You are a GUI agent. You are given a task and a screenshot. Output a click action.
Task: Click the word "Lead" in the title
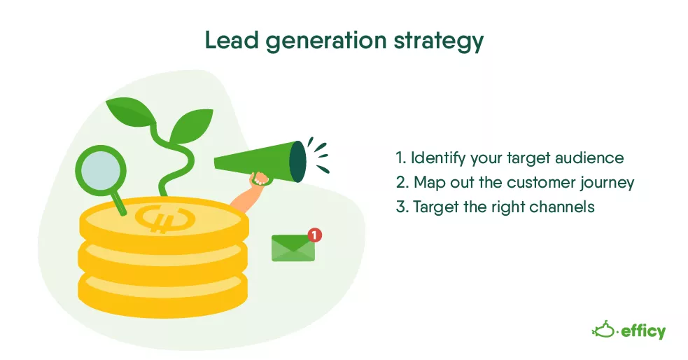click(x=232, y=40)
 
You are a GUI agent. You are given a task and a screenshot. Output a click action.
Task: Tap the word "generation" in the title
click(x=326, y=42)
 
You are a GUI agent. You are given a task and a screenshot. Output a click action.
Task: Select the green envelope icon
click(x=293, y=248)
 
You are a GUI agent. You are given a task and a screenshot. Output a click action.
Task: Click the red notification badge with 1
click(x=314, y=235)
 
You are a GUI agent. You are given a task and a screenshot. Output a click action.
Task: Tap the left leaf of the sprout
click(x=130, y=112)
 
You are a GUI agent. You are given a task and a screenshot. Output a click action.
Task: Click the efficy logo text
click(x=643, y=331)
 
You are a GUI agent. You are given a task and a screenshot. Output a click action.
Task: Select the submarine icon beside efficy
click(x=604, y=329)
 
